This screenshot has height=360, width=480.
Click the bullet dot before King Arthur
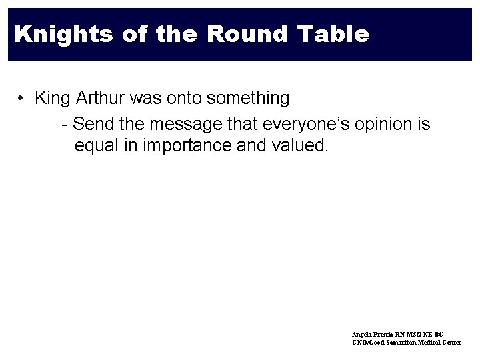pos(23,99)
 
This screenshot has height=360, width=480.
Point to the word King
pos(52,99)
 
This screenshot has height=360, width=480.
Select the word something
pos(249,99)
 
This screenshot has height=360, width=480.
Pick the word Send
pos(91,124)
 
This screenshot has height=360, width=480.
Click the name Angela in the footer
pos(362,333)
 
